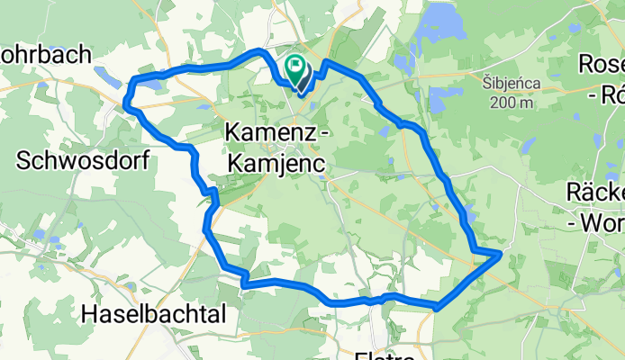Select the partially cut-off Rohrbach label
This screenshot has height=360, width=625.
pyautogui.click(x=45, y=54)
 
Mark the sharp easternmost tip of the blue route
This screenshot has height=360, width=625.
pyautogui.click(x=500, y=255)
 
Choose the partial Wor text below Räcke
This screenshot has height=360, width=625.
pyautogui.click(x=605, y=220)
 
